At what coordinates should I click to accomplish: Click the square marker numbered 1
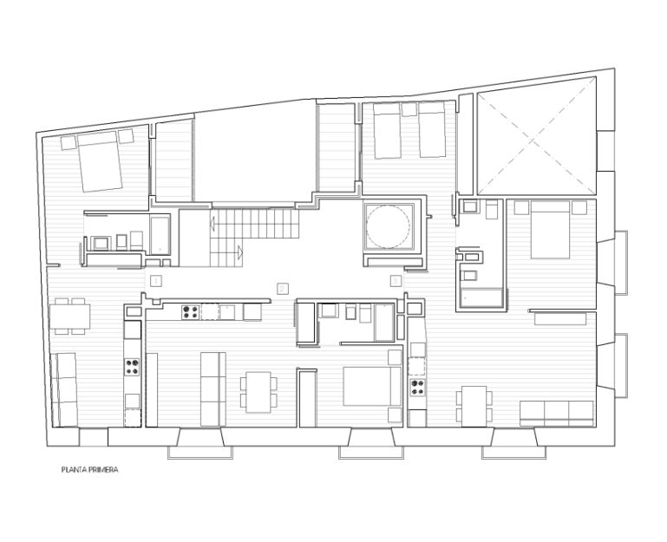click(156, 281)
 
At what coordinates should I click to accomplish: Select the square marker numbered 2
click(283, 289)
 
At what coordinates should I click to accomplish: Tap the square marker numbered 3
click(396, 281)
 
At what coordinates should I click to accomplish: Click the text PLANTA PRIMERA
click(89, 470)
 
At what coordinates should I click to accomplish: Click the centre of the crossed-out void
click(535, 136)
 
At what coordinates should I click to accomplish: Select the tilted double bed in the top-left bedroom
click(100, 161)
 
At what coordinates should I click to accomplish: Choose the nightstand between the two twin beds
click(409, 109)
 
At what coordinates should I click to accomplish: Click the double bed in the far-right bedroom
click(550, 230)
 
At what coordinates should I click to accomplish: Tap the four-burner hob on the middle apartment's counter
click(190, 312)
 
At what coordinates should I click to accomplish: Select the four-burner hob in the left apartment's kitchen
click(133, 367)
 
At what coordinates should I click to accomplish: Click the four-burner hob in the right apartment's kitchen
click(417, 387)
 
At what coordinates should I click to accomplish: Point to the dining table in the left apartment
click(69, 317)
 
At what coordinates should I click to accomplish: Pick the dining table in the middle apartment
click(258, 392)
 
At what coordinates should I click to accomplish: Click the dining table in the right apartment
click(474, 407)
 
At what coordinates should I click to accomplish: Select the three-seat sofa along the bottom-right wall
click(557, 413)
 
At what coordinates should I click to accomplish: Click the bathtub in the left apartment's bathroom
click(160, 236)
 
